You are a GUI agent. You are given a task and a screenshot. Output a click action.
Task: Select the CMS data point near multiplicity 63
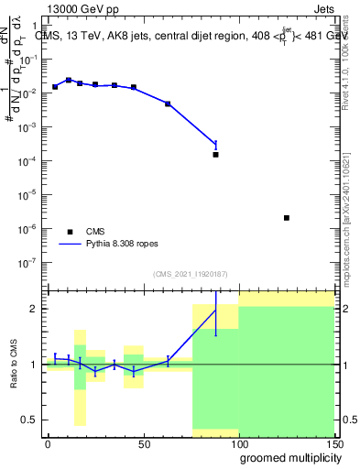pyautogui.click(x=168, y=104)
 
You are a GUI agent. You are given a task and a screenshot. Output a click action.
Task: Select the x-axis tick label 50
pyautogui.click(x=142, y=443)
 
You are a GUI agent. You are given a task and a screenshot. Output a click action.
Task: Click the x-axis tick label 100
pyautogui.click(x=238, y=443)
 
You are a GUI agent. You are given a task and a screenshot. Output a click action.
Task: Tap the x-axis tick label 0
pyautogui.click(x=48, y=443)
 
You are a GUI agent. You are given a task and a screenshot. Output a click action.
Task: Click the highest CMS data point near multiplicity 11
pyautogui.click(x=69, y=81)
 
